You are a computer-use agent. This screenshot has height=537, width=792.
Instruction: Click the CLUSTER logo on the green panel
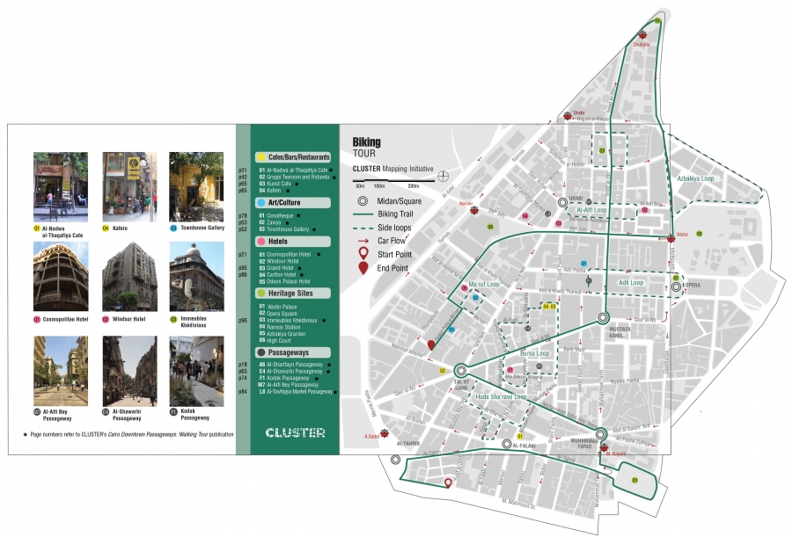coord(295,432)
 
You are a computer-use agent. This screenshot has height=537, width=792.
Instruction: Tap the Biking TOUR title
coord(367,146)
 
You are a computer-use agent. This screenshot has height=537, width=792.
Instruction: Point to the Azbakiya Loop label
coord(695,178)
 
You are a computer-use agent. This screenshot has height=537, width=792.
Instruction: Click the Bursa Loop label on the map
coord(535,353)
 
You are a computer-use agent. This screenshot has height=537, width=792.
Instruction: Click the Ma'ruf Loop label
coord(484,285)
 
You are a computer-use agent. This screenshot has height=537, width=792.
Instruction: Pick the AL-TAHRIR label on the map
coord(411,444)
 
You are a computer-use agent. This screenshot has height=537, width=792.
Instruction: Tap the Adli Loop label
coord(630,283)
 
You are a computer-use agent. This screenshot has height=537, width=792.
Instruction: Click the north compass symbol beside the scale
coord(444,175)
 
